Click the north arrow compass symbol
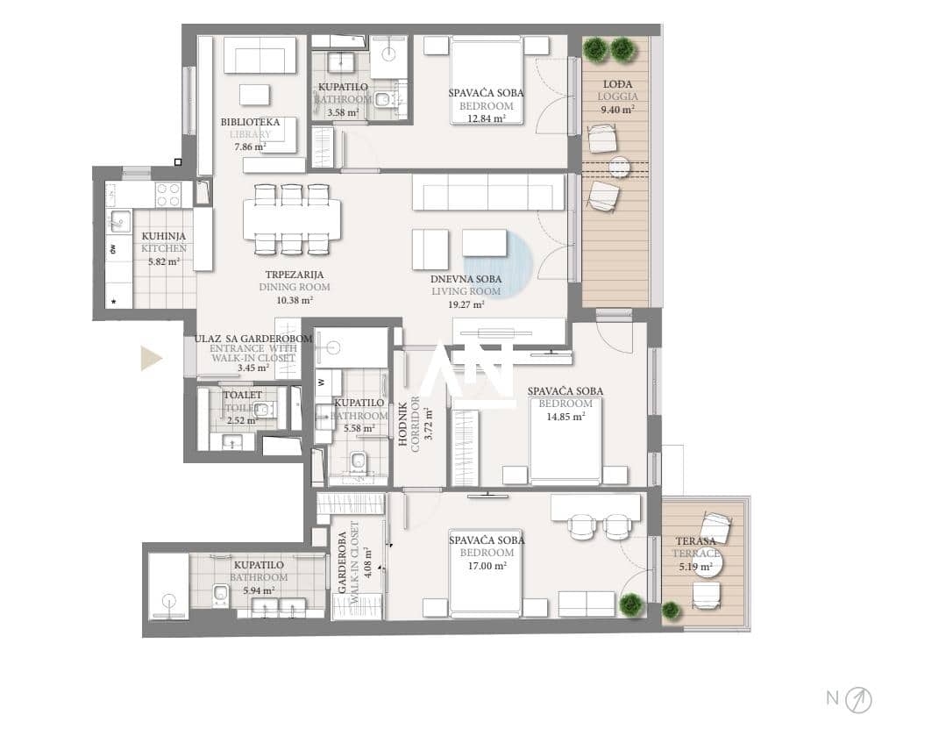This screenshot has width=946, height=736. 858,700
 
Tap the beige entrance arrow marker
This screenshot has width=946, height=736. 152,357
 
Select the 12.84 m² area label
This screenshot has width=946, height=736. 487,119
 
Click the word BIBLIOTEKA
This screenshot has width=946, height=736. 250,122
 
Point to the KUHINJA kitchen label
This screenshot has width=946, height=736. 163,236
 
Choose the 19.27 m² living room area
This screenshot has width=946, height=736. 466,304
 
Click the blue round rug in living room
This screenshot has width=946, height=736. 503,265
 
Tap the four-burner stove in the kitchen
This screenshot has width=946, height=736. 168,194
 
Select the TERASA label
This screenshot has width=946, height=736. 695,541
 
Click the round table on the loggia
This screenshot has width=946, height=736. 619,167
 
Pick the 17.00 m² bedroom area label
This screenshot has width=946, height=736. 487,566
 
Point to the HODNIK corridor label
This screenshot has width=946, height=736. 403,421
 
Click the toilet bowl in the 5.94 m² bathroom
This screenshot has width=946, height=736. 220,593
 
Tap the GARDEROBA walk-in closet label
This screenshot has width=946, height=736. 342,562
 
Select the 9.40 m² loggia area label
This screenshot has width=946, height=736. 617,110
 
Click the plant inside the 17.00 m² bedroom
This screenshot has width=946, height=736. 630,604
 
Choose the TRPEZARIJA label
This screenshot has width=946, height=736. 295,275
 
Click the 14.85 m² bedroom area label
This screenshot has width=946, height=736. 565,417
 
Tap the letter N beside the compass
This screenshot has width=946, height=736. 833,698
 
